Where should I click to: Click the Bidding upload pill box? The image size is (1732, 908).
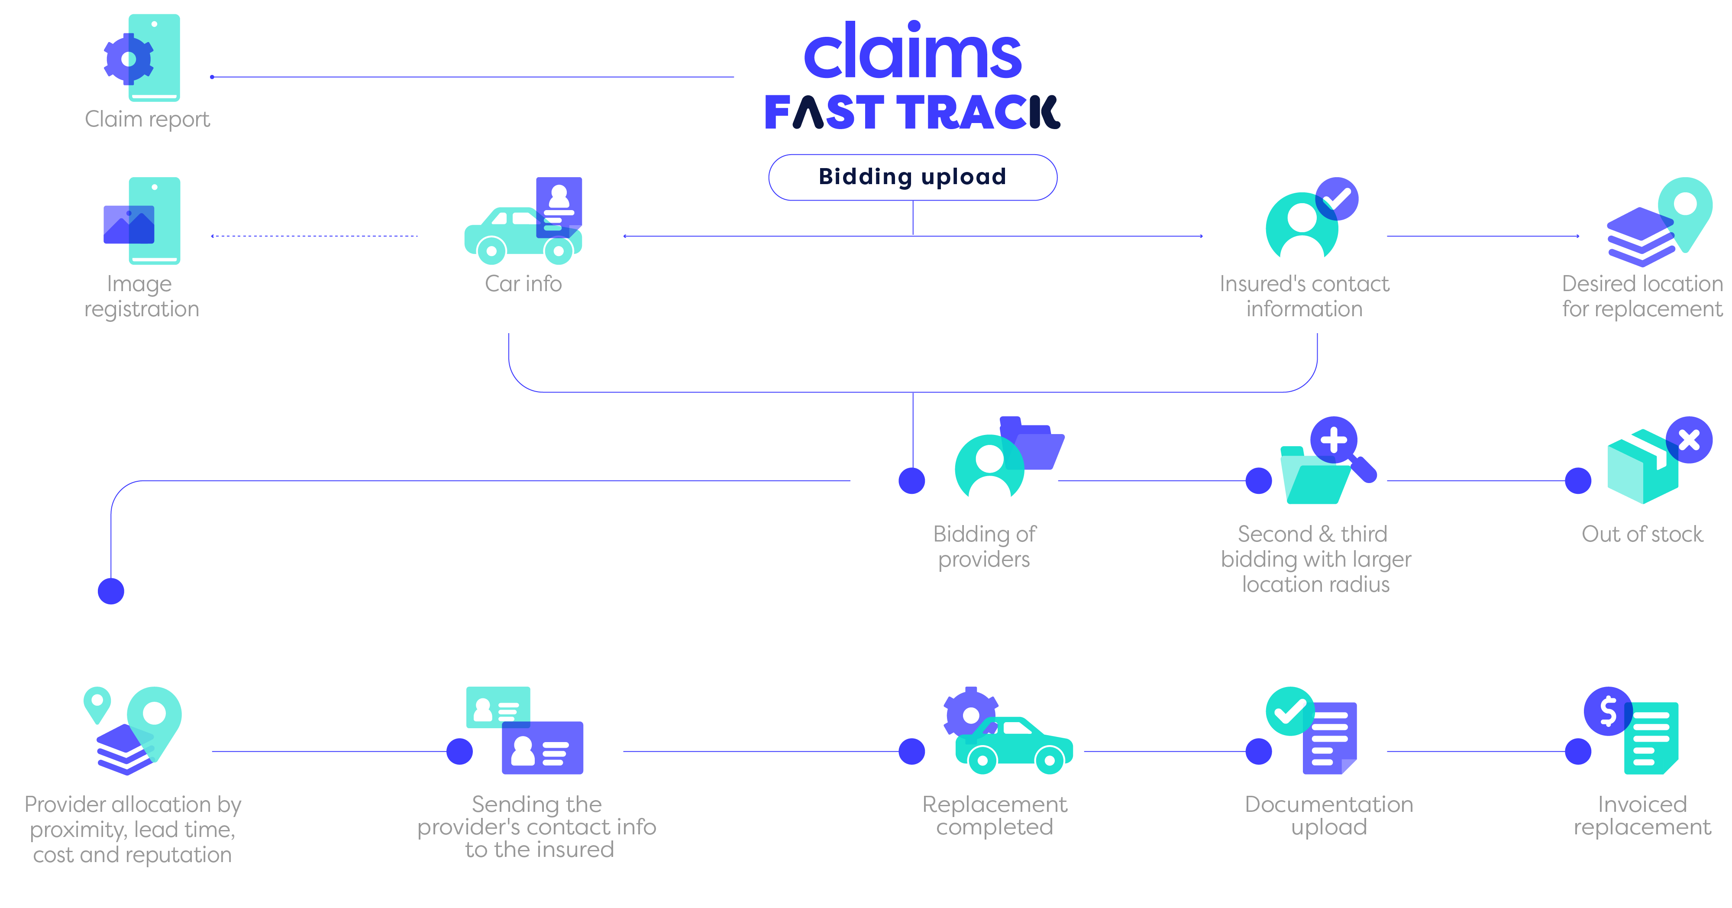912,177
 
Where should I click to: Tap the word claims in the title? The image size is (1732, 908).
912,52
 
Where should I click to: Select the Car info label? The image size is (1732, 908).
523,284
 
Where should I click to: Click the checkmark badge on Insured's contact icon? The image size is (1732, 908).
1337,198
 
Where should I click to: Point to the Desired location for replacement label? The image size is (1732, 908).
1642,296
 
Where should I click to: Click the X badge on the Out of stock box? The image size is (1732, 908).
1689,440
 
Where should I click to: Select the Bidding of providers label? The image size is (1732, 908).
984,546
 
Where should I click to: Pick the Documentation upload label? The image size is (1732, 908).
1328,815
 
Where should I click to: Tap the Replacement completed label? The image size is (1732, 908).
995,815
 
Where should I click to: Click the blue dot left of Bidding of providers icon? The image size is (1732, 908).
912,481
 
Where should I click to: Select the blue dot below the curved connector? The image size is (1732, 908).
111,591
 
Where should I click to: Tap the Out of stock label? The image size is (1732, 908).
1642,534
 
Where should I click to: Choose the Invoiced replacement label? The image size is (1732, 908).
1642,815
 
